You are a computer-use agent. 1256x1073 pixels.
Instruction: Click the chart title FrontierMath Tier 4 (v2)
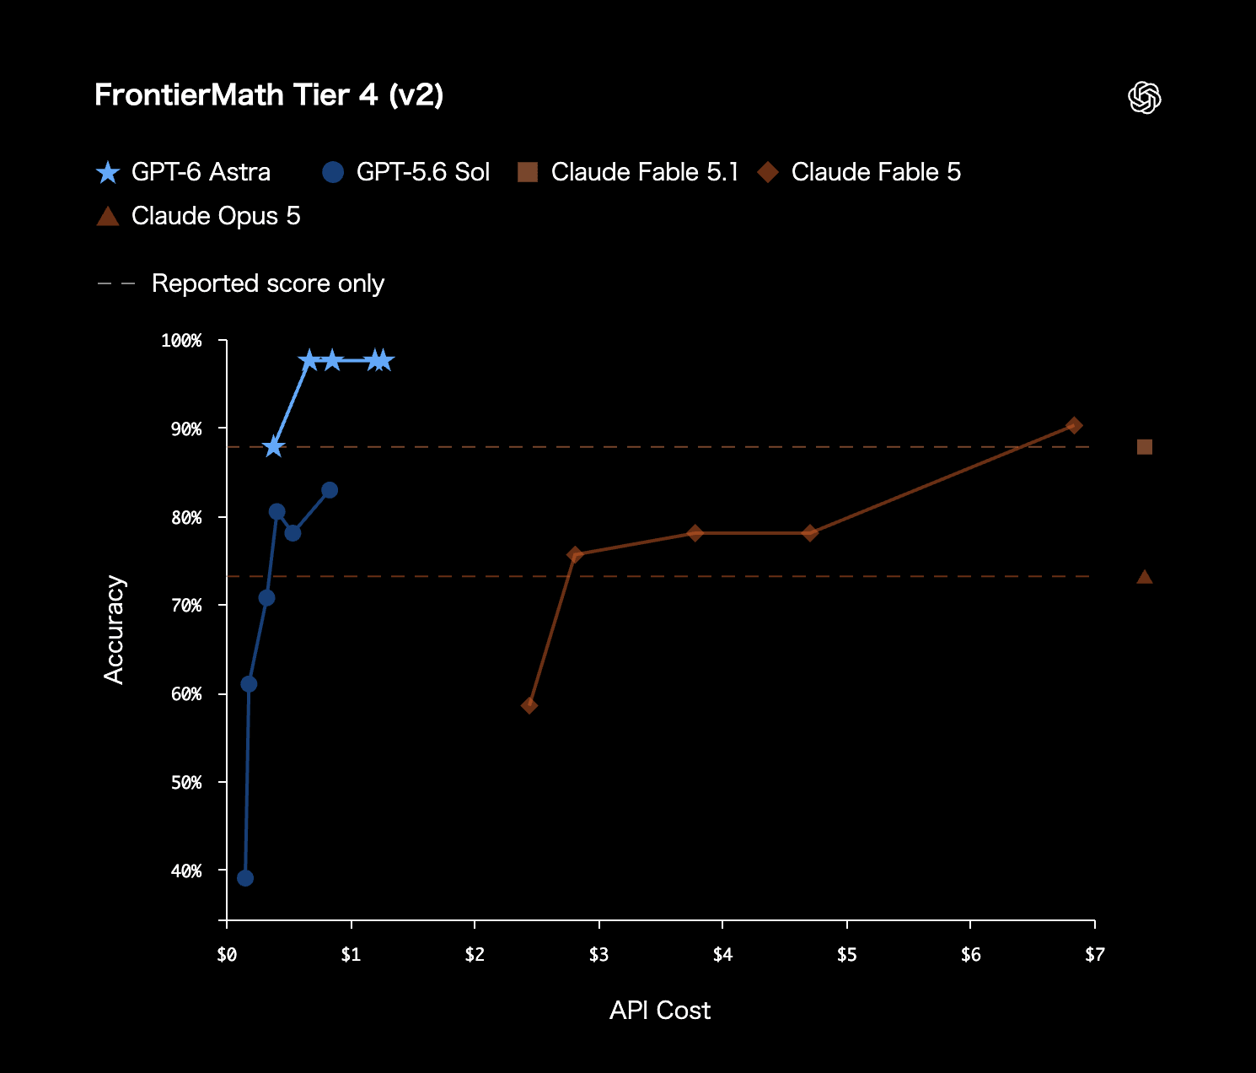[x=269, y=95]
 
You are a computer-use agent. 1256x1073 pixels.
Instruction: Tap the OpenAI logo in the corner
[x=1144, y=97]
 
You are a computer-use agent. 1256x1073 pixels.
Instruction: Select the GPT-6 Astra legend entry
[x=183, y=172]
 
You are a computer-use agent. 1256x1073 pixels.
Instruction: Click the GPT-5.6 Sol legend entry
[x=406, y=172]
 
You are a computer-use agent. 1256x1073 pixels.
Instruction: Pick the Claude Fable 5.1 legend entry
[x=628, y=172]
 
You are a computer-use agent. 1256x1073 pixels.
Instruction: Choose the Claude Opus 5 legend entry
[x=198, y=216]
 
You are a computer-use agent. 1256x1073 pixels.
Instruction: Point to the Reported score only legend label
[x=268, y=283]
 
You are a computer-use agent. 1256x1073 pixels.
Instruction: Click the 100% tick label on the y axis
[x=181, y=341]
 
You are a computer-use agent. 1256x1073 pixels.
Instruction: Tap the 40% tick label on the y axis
[x=186, y=871]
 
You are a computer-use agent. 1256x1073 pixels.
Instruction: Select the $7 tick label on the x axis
[x=1094, y=955]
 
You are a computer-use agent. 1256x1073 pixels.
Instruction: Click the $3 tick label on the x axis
[x=598, y=955]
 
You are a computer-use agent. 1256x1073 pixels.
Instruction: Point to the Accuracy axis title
[x=114, y=630]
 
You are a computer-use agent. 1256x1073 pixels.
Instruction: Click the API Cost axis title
[x=660, y=1011]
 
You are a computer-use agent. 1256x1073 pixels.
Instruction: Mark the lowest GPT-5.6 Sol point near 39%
[x=245, y=878]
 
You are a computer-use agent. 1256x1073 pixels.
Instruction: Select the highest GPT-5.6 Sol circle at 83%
[x=330, y=490]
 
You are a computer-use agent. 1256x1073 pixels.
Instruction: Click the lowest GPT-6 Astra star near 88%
[x=274, y=447]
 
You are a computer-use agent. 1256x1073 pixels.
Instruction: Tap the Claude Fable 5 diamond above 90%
[x=1074, y=425]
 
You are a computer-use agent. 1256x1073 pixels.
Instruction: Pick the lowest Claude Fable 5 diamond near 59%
[x=529, y=705]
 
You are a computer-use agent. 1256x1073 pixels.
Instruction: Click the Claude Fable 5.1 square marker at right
[x=1144, y=447]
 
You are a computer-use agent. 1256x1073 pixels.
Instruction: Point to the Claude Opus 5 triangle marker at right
[x=1144, y=576]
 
